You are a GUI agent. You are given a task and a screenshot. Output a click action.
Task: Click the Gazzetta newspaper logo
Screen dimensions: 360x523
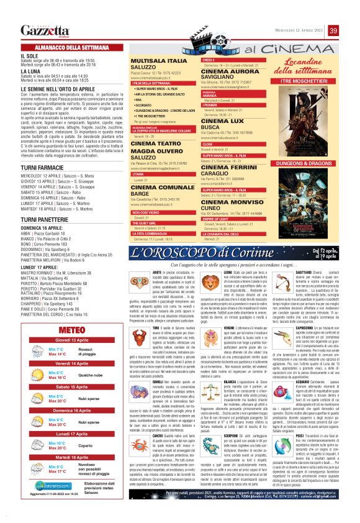pos(45,30)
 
